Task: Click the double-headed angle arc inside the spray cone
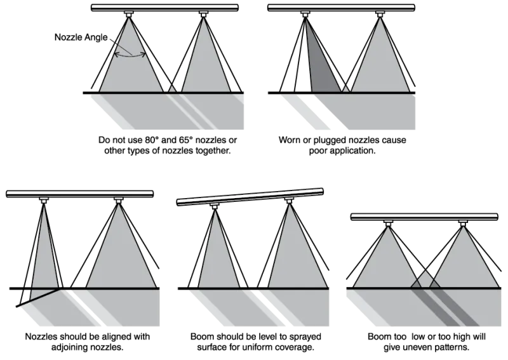130,55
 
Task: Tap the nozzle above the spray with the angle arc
129,13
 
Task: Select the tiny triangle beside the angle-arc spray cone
172,90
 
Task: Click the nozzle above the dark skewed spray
305,13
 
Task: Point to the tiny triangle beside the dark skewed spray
346,90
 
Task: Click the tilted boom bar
250,197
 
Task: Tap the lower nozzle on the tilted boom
215,206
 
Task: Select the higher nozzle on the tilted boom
290,200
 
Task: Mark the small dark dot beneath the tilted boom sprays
256,292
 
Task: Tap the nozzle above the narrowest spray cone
44,201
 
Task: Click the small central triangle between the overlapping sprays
425,280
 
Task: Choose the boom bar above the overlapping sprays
424,217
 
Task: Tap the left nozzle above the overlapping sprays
388,223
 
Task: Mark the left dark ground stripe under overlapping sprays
435,307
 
